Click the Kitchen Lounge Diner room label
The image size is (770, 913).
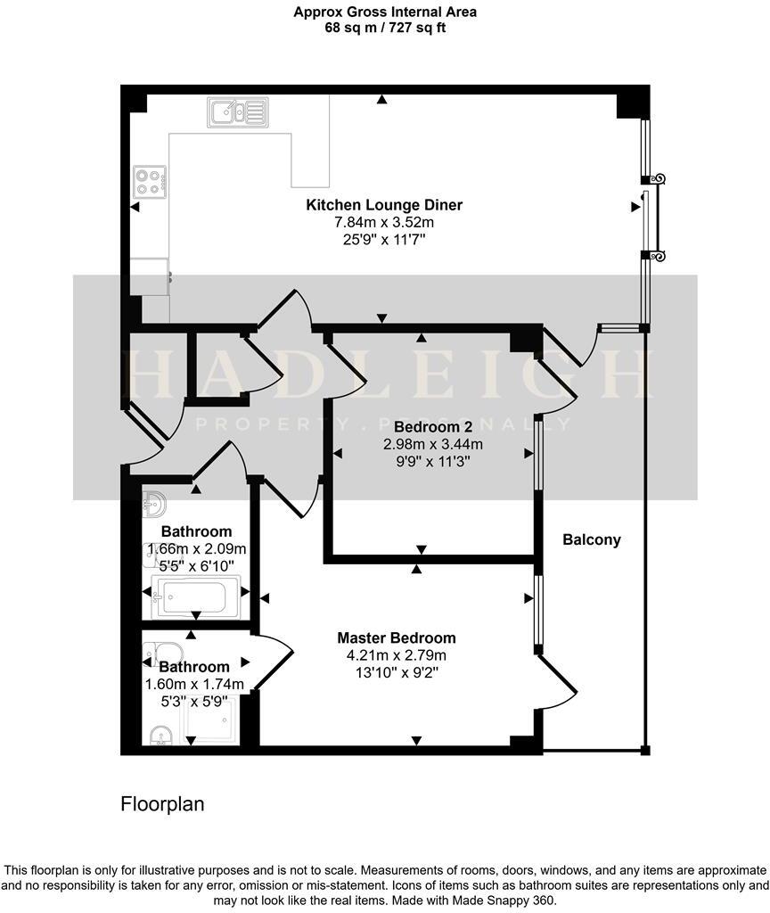pos(384,205)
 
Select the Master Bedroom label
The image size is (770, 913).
pos(396,638)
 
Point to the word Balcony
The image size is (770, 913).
pos(592,539)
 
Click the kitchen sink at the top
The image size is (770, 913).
pos(237,112)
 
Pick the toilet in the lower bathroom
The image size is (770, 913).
pos(164,652)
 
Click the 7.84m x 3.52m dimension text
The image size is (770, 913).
pos(384,223)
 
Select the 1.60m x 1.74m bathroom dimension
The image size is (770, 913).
pos(194,685)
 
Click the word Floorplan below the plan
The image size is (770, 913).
pos(162,804)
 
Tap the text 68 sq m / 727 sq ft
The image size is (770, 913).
pos(384,27)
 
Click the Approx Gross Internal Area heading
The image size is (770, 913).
pos(384,12)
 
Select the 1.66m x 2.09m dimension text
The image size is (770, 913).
pos(196,549)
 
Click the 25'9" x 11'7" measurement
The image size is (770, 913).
pos(384,241)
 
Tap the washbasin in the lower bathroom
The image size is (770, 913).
pos(160,735)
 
